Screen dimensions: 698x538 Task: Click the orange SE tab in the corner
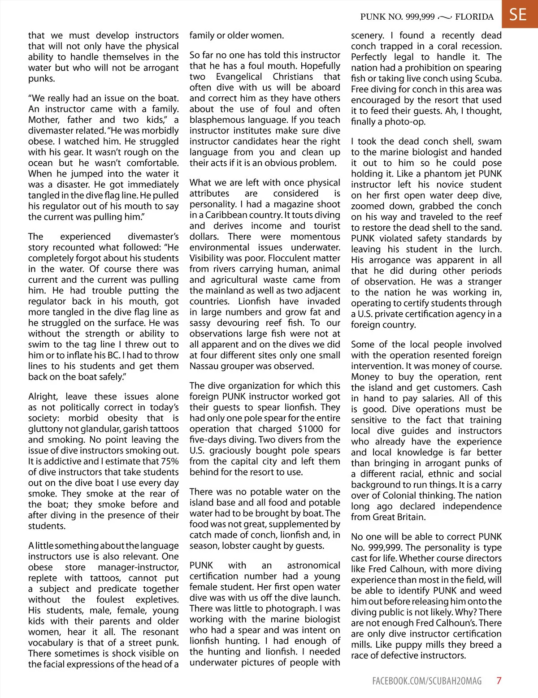tap(518, 14)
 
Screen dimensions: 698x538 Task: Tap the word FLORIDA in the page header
tap(474, 17)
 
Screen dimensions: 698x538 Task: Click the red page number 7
tap(499, 681)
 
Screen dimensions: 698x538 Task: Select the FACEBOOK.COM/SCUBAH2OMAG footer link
tap(427, 681)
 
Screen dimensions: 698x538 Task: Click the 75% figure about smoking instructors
tap(169, 461)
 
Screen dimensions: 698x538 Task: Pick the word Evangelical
tap(239, 77)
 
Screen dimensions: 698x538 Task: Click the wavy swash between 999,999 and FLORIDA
tap(444, 17)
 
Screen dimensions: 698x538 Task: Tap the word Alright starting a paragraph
tap(43, 396)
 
